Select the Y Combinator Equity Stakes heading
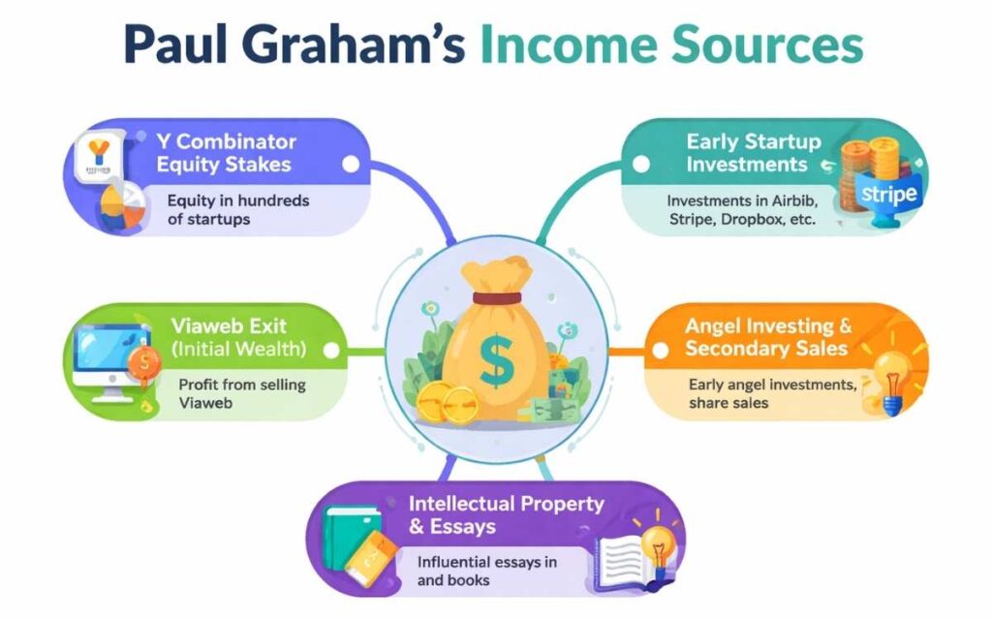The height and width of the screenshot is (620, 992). [x=226, y=153]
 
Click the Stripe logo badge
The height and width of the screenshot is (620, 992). [x=887, y=194]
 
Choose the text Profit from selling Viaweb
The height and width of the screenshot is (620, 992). [x=241, y=393]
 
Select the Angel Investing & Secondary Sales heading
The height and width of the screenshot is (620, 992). [x=767, y=337]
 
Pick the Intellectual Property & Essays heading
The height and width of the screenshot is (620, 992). [x=506, y=515]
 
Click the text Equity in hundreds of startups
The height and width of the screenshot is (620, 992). [x=237, y=209]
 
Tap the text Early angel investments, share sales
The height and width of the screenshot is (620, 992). [x=772, y=392]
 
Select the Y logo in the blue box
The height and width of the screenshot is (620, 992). [x=98, y=154]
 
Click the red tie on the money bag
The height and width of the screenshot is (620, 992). [x=496, y=297]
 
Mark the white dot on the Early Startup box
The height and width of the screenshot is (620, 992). [x=639, y=164]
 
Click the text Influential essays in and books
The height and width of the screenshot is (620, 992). [x=486, y=571]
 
